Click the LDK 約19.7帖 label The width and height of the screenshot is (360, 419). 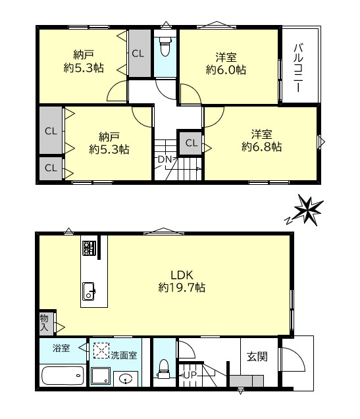(x=182, y=282)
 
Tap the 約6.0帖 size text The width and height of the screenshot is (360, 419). (x=225, y=68)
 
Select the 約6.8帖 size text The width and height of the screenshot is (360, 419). (x=261, y=147)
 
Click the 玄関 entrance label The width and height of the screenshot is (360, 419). (x=257, y=357)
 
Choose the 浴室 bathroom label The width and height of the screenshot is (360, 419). (x=61, y=349)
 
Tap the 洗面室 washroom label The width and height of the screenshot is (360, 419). (x=124, y=355)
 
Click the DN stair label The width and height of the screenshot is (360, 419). (x=164, y=160)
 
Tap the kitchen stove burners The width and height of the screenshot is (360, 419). (x=89, y=248)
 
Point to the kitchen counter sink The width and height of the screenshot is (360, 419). (x=89, y=289)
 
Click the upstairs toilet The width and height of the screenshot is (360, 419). (x=165, y=49)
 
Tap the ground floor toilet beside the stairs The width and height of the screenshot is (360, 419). (x=163, y=368)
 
